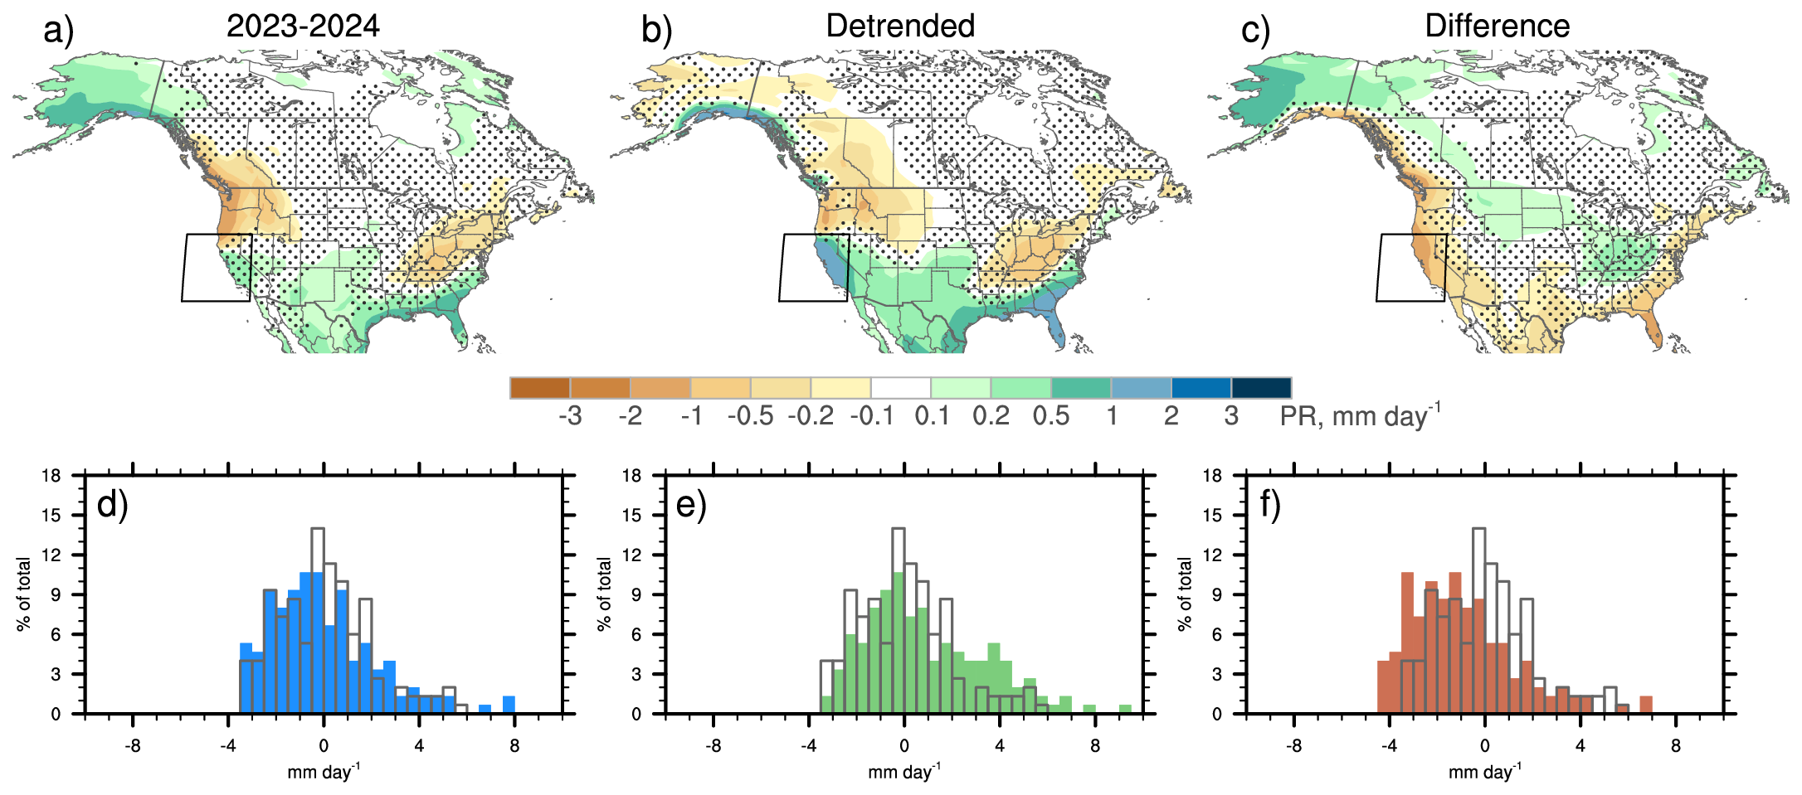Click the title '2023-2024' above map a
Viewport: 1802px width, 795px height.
(x=303, y=27)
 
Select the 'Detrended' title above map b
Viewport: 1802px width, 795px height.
(x=900, y=27)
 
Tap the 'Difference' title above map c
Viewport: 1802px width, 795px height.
(x=1497, y=27)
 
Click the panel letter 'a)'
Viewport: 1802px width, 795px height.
(x=59, y=32)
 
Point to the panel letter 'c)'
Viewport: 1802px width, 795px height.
(x=1255, y=32)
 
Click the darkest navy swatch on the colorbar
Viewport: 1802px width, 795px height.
(x=1261, y=388)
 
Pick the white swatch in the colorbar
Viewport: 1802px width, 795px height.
(x=900, y=388)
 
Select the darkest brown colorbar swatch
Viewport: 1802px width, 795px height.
(x=540, y=388)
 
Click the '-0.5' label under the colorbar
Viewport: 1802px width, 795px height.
(x=750, y=415)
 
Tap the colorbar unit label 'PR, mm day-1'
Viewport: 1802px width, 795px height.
(x=1359, y=415)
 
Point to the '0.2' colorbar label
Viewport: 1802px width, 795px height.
(x=991, y=415)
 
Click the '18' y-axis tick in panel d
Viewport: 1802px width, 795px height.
(x=52, y=476)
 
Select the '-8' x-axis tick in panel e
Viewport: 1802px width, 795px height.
(x=713, y=746)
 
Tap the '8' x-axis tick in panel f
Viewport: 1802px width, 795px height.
(x=1675, y=746)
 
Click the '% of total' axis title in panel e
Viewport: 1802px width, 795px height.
(x=604, y=594)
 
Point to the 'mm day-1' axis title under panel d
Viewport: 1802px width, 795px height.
(x=324, y=773)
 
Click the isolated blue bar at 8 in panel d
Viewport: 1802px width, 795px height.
(x=509, y=705)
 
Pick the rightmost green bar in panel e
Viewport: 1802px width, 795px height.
(x=1125, y=709)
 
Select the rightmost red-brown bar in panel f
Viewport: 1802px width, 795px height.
(x=1646, y=705)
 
